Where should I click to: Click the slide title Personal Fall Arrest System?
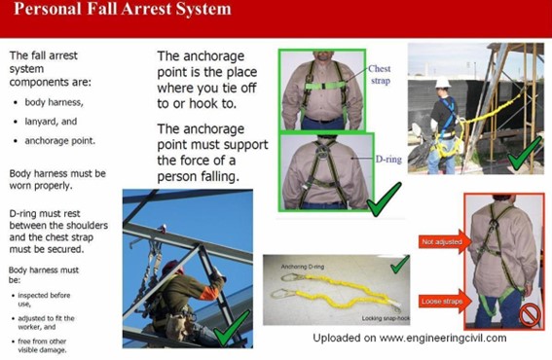pyautogui.click(x=123, y=11)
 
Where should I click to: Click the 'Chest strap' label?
pyautogui.click(x=380, y=74)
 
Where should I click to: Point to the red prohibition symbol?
pyautogui.click(x=530, y=315)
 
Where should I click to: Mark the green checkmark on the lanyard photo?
pyautogui.click(x=398, y=265)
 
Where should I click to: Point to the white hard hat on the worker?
pyautogui.click(x=443, y=82)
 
